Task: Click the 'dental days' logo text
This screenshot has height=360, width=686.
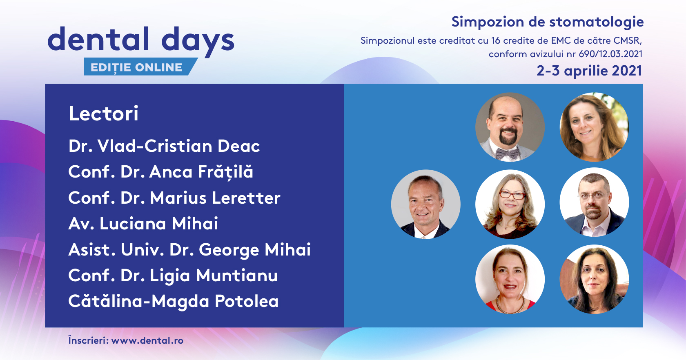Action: point(141,40)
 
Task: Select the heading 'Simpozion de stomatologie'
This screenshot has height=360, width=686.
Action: point(548,22)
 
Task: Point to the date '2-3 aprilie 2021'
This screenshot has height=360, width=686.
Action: point(589,71)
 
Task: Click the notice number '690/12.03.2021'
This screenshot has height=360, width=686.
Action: point(610,54)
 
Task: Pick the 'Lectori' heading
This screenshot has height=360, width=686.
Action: point(104,113)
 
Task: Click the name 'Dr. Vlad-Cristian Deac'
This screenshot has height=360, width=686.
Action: point(164,146)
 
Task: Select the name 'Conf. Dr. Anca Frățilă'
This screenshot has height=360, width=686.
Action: point(161,172)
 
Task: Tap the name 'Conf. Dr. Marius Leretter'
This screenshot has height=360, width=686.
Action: point(174,198)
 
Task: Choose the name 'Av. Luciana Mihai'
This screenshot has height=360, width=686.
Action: point(143,224)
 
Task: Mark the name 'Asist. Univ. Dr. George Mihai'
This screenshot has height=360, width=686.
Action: point(189,250)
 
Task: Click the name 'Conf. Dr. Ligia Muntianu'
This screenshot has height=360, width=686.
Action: point(173,276)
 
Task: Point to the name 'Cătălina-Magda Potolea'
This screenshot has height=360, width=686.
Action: point(173,301)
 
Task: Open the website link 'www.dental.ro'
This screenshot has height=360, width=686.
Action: point(147,340)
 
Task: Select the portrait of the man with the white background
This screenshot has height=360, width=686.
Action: point(595,202)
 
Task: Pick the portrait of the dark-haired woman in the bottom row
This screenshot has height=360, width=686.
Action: point(595,279)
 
